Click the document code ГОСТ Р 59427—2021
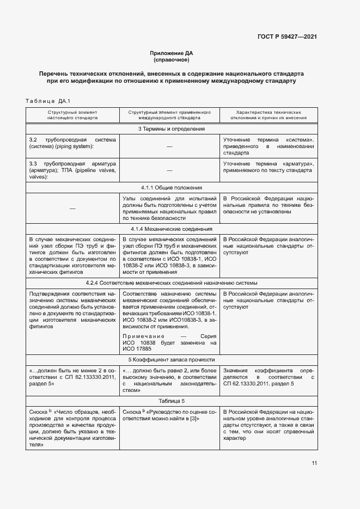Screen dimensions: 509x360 (x=288, y=36)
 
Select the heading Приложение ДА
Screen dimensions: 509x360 (x=172, y=53)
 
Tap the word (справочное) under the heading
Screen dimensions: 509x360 (x=172, y=59)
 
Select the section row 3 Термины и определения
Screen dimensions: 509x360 (x=171, y=129)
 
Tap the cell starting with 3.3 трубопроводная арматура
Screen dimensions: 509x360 (x=72, y=170)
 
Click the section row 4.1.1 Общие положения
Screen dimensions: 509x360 (x=171, y=187)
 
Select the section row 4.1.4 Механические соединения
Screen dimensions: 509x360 (x=171, y=229)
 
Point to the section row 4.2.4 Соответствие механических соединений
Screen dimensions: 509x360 (x=171, y=283)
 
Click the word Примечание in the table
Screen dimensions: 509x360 (x=141, y=336)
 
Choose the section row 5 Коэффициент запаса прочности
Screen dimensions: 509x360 (x=171, y=360)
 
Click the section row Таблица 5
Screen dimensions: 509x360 (x=171, y=401)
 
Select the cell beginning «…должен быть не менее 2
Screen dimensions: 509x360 (x=72, y=377)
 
